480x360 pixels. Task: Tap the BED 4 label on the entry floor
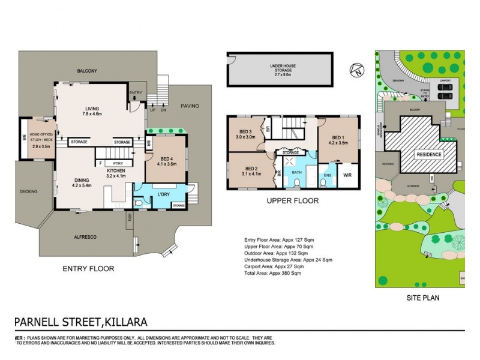click(166, 160)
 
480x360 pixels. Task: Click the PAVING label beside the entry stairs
click(190, 106)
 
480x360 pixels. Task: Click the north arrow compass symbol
click(356, 70)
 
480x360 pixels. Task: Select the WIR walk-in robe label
click(347, 176)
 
